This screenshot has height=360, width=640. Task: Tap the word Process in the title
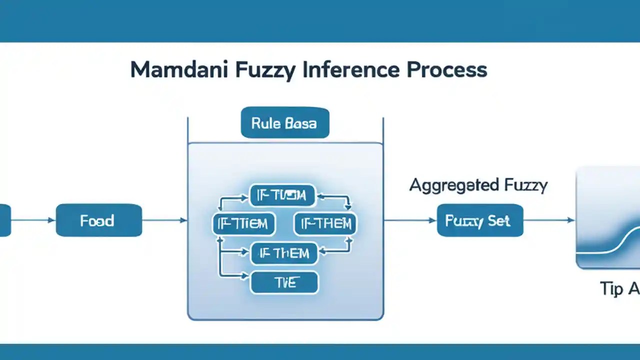pos(446,70)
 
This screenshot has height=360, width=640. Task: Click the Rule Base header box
pos(284,122)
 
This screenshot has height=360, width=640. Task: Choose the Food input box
pos(99,220)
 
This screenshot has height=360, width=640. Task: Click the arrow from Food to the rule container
pos(165,220)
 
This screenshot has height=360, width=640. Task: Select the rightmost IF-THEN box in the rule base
pos(325,223)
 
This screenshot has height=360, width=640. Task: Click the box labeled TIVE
pos(284,282)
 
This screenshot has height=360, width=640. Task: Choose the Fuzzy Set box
pos(480,220)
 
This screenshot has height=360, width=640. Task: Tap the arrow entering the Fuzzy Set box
pos(410,220)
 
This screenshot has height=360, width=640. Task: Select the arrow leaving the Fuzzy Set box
pos(548,220)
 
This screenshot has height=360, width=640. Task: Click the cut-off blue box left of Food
pos(5,220)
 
